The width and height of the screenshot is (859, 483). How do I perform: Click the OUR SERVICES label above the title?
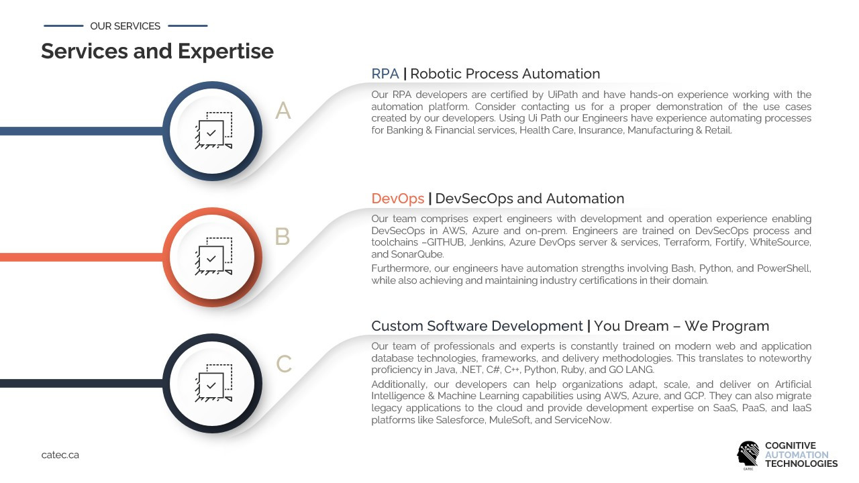tap(125, 26)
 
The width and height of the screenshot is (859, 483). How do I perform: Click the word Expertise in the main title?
tap(225, 52)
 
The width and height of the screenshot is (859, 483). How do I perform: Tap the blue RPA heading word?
tap(385, 74)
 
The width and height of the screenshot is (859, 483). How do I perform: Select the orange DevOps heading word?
tap(398, 199)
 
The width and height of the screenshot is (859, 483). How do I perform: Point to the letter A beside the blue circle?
tap(283, 111)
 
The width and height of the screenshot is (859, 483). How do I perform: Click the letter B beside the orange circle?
tap(283, 236)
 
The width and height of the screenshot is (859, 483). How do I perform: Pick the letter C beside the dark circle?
tap(284, 364)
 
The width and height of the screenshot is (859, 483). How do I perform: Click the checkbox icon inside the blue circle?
tap(213, 130)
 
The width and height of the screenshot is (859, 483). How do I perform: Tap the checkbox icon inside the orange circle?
tap(213, 256)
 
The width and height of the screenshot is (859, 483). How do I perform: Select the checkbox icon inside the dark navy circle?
tap(213, 382)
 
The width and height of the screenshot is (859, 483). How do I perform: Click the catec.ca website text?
tap(60, 455)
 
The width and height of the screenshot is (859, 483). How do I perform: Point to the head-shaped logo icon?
tap(748, 455)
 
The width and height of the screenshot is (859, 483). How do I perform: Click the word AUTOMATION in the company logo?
tap(797, 455)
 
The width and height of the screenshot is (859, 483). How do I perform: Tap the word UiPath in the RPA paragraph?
tap(562, 95)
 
